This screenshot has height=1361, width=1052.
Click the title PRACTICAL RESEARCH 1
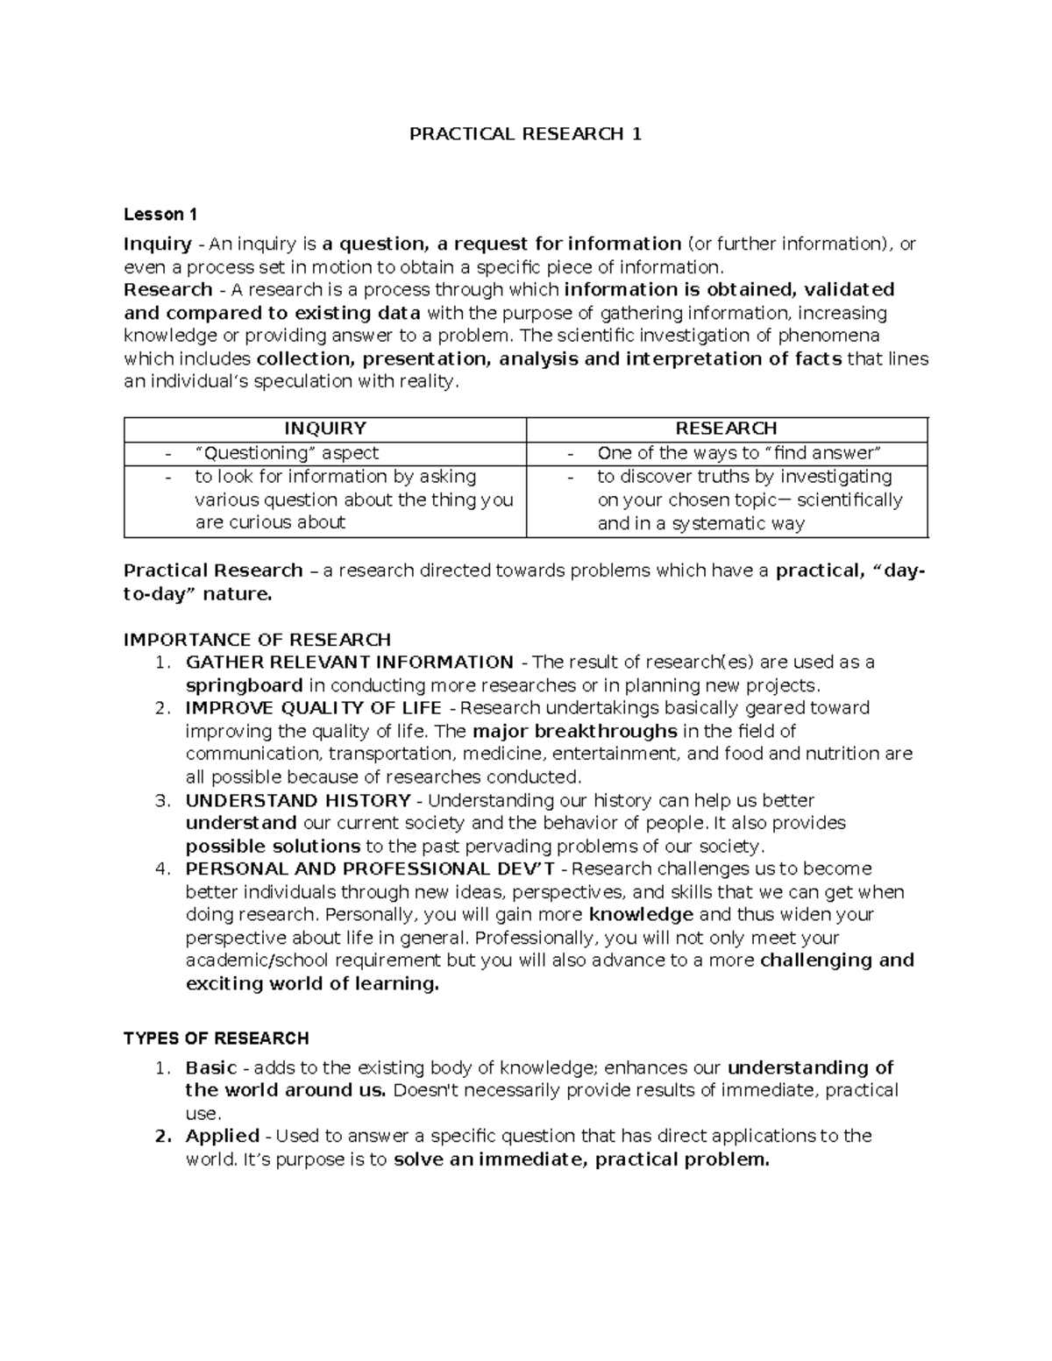pos(526,134)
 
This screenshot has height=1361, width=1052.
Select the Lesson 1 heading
pos(160,215)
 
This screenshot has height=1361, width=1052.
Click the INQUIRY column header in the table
pos(325,429)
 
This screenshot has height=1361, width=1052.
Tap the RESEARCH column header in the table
pos(726,429)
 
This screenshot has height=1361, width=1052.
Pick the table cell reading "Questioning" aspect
pos(287,453)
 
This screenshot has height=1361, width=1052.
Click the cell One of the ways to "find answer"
pos(738,453)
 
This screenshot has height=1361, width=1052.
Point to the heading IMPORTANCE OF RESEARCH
pos(257,639)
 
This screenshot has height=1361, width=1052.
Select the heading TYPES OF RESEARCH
pos(216,1038)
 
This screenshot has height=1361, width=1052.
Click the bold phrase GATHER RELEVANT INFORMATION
pos(349,662)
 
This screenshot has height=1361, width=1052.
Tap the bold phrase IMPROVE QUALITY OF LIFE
pos(313,707)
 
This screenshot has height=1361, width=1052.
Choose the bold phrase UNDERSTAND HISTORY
pos(298,800)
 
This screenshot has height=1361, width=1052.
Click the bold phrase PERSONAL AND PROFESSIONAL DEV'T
pos(370,868)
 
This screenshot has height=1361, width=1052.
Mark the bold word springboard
pos(244,685)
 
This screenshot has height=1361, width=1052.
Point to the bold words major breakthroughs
pos(574,731)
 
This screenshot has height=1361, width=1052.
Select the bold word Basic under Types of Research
pos(210,1067)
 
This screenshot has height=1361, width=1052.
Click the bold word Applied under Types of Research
pos(222,1136)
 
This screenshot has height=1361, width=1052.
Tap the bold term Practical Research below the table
pos(213,571)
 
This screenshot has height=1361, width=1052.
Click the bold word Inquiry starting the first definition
pos(158,244)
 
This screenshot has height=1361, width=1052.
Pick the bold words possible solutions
pos(273,847)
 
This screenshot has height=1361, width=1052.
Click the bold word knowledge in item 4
pos(642,914)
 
